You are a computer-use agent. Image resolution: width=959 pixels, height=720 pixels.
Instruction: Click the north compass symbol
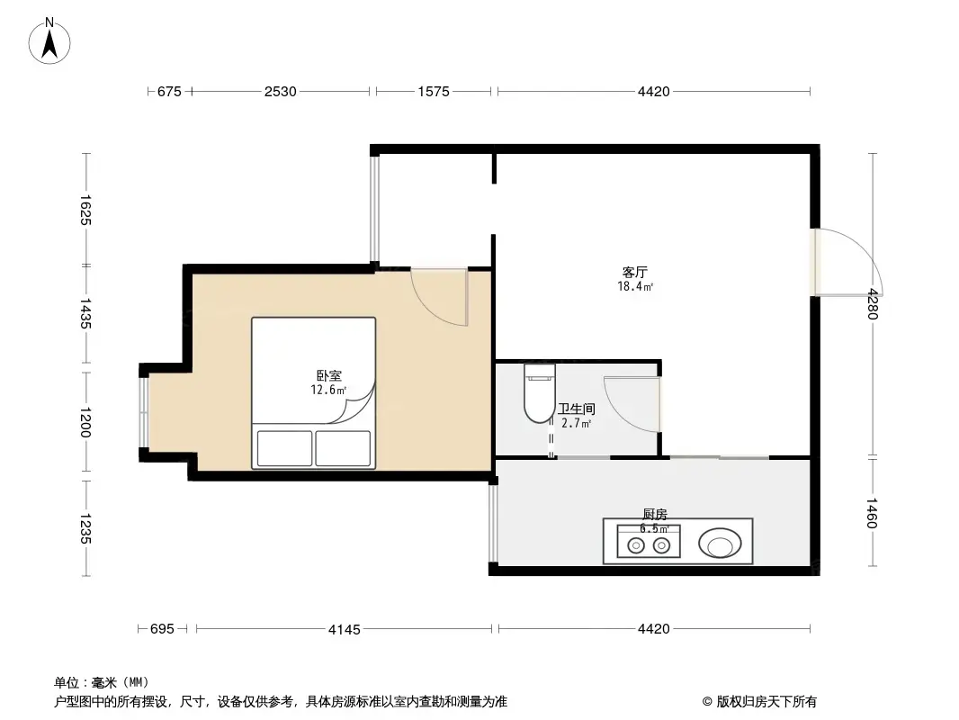[x=51, y=40]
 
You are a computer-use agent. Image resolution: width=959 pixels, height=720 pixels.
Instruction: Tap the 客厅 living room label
[x=635, y=272]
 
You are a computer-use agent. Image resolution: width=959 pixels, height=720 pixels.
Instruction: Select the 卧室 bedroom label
[x=328, y=376]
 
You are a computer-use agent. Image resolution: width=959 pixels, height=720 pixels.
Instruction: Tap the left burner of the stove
[x=635, y=544]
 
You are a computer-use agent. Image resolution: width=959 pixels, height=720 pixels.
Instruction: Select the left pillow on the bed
[x=284, y=448]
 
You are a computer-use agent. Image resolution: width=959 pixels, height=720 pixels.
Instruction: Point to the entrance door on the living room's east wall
[x=846, y=263]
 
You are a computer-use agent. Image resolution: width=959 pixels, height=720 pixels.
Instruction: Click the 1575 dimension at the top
[x=434, y=92]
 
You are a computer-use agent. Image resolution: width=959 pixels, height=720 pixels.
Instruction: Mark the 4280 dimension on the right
[x=871, y=304]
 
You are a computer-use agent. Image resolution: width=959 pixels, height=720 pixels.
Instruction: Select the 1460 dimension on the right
[x=871, y=513]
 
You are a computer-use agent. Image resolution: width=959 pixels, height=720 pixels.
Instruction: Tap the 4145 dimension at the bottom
[x=344, y=629]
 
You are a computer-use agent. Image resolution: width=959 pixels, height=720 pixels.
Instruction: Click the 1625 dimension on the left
[x=86, y=210]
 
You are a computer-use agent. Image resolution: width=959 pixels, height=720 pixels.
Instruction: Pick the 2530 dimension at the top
[x=280, y=92]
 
